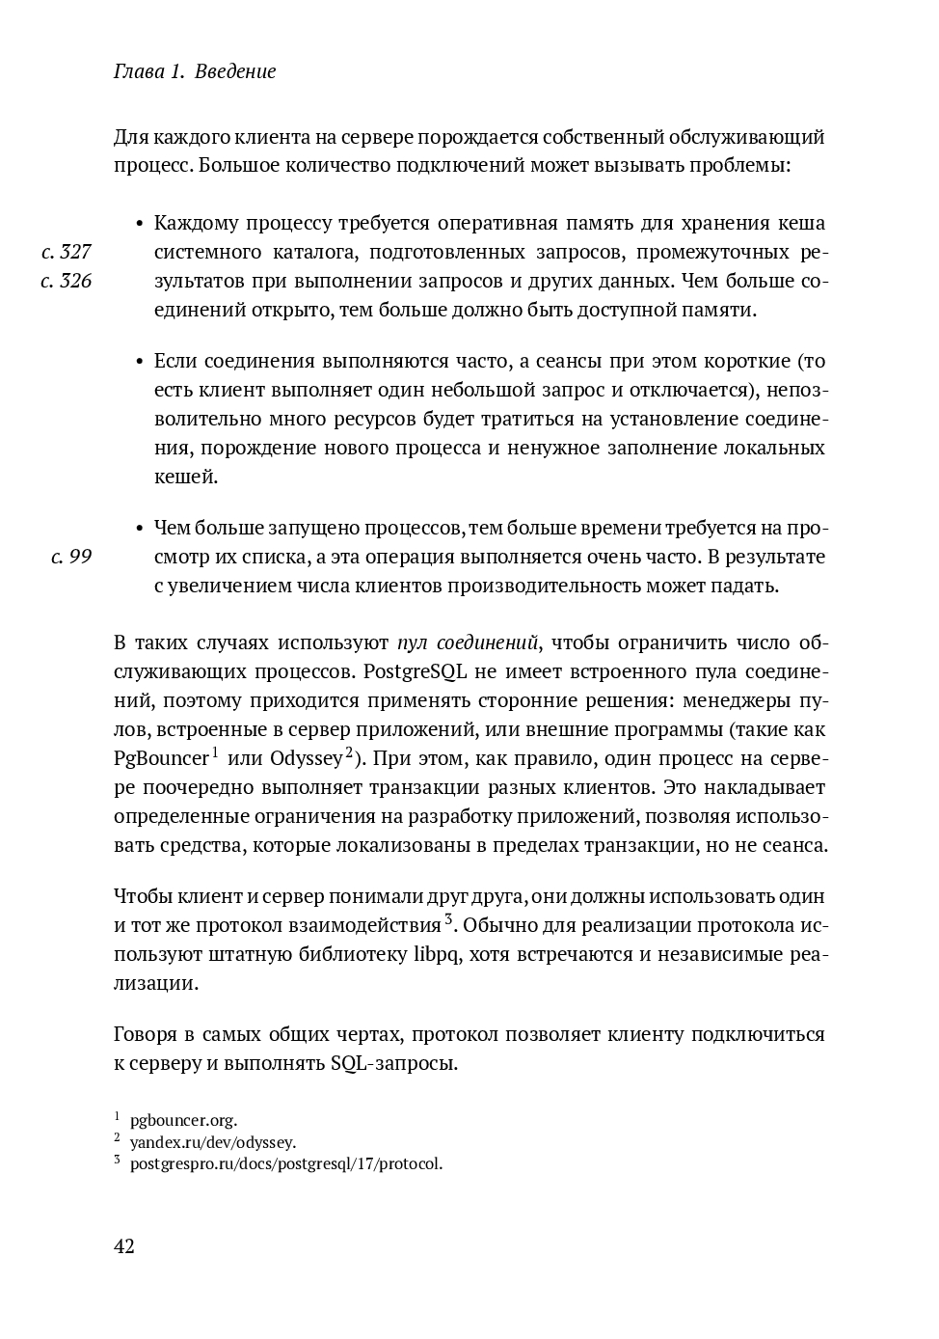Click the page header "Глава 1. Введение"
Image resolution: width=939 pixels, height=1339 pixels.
coord(195,71)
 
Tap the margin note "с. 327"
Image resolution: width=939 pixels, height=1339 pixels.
coord(67,253)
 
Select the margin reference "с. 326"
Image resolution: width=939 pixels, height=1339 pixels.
coord(67,282)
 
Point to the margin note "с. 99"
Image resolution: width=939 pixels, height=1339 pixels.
coord(71,558)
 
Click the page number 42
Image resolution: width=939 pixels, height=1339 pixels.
coord(124,1246)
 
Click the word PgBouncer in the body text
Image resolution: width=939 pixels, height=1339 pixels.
coord(161,759)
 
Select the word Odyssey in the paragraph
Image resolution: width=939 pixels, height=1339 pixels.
coord(306,759)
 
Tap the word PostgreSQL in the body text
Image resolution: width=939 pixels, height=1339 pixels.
coord(394,672)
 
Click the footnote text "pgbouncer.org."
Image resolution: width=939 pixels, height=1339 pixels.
coord(183,1121)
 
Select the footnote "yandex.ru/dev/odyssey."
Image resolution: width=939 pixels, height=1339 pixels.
coord(213,1142)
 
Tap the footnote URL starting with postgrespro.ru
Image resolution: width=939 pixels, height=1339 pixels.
coord(286,1163)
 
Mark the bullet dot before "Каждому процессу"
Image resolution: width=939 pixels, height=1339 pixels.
coord(140,225)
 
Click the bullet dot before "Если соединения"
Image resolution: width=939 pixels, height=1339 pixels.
coord(140,363)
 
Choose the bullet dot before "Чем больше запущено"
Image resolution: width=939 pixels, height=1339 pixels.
coord(140,530)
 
